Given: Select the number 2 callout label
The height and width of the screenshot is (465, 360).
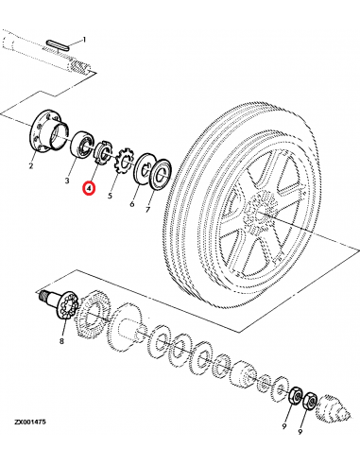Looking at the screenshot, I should click(30, 166).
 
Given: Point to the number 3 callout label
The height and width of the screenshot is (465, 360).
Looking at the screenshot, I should click(67, 180).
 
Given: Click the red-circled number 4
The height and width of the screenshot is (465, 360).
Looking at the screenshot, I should click(88, 188).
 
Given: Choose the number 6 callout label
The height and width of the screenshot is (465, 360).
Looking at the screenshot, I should click(132, 202).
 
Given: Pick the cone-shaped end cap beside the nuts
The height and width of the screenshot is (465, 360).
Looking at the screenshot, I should click(332, 409).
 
